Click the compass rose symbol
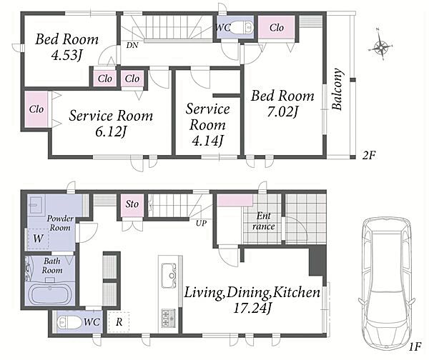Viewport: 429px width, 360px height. pyautogui.click(x=381, y=46)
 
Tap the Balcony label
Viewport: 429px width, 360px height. pyautogui.click(x=337, y=89)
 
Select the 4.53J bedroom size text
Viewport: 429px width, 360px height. pyautogui.click(x=66, y=55)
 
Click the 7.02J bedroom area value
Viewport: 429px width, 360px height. pyautogui.click(x=282, y=112)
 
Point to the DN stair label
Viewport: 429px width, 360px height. pyautogui.click(x=132, y=45)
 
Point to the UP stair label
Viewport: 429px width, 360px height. pyautogui.click(x=201, y=224)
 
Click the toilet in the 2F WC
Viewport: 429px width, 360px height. pyautogui.click(x=242, y=27)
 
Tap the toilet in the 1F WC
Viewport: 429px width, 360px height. pyautogui.click(x=69, y=322)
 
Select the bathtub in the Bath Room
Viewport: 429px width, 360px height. pyautogui.click(x=49, y=294)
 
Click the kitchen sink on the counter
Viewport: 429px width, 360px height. pyautogui.click(x=169, y=276)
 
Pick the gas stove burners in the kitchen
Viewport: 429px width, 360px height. pyautogui.click(x=169, y=318)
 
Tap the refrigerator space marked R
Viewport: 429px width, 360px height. pyautogui.click(x=119, y=322)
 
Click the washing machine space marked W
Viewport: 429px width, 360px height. pyautogui.click(x=38, y=239)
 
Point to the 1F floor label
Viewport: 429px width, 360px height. pyautogui.click(x=415, y=347)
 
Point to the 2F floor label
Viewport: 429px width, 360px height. pyautogui.click(x=368, y=156)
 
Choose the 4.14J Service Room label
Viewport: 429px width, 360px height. pyautogui.click(x=207, y=124)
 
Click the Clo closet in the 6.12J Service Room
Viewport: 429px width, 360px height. pyautogui.click(x=36, y=109)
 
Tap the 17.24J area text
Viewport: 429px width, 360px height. pyautogui.click(x=252, y=309)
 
